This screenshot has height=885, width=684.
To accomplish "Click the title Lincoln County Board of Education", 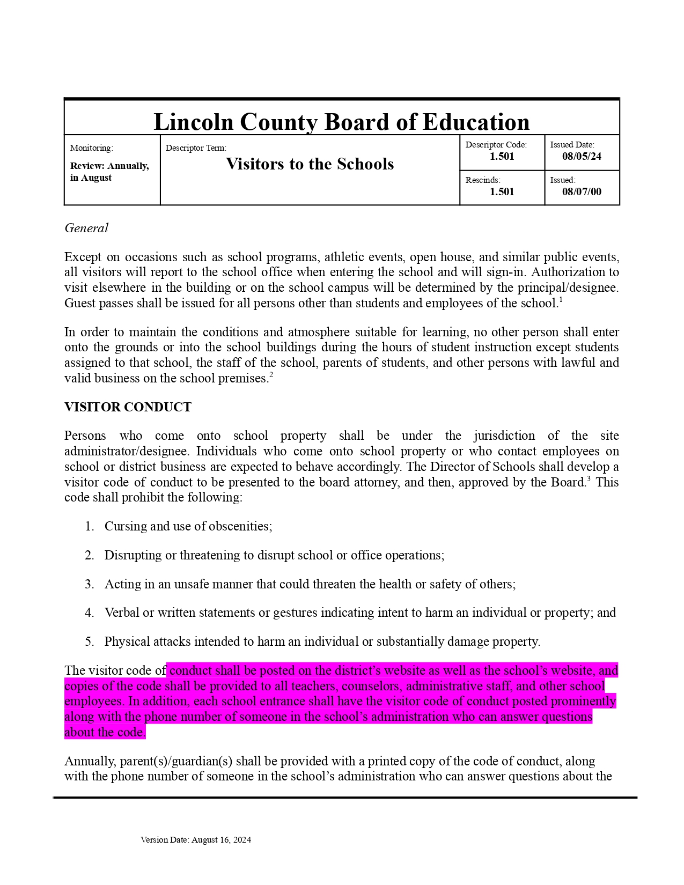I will [x=341, y=122].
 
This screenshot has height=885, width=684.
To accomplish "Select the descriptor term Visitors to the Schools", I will [x=310, y=164].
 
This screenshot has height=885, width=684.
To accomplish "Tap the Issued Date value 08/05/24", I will [x=582, y=157].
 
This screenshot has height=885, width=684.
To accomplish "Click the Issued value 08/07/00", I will [x=582, y=192].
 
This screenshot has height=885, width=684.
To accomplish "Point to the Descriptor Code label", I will [x=496, y=145].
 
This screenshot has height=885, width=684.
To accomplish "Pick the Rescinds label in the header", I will [x=482, y=180].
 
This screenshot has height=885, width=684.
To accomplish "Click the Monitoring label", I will [x=91, y=148].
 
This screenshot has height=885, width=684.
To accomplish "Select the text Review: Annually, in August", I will [x=109, y=172].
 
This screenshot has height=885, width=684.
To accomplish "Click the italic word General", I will [x=86, y=228].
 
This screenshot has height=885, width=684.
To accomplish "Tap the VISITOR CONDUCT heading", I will [x=128, y=407].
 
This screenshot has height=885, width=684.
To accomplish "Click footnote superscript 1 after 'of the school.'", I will [x=561, y=300].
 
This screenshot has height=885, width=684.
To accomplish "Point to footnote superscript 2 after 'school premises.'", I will [x=271, y=375].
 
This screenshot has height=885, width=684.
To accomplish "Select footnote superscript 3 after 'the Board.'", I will [x=589, y=479].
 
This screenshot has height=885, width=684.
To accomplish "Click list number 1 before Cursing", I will [x=89, y=526].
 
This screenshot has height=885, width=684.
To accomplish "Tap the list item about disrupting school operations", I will [x=274, y=555].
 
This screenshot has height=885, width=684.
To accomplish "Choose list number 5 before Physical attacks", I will [x=89, y=641].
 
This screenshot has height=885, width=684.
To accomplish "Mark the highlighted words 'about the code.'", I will [x=105, y=732].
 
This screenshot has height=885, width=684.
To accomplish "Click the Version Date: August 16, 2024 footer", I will [x=196, y=840].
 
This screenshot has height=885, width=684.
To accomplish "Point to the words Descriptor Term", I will [x=196, y=148].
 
